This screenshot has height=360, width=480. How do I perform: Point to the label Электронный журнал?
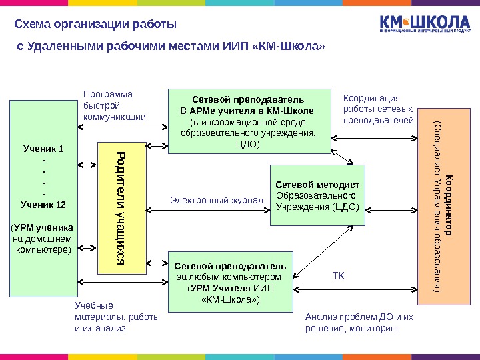click(216, 200)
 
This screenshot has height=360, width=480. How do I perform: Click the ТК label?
click(338, 275)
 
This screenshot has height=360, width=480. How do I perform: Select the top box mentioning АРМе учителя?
click(248, 121)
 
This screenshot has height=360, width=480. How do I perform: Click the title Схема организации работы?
click(95, 25)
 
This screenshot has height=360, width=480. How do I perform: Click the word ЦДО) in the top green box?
click(248, 144)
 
